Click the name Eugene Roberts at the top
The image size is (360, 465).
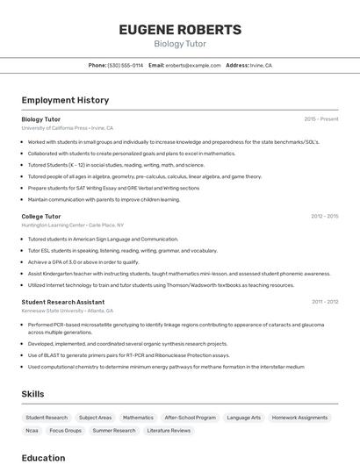pyautogui.click(x=180, y=29)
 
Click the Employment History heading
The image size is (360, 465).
pyautogui.click(x=65, y=100)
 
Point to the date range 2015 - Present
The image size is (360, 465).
pyautogui.click(x=321, y=118)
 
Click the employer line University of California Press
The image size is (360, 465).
pyautogui.click(x=68, y=127)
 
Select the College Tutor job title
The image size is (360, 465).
pyautogui.click(x=41, y=216)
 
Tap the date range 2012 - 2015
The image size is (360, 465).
pyautogui.click(x=324, y=216)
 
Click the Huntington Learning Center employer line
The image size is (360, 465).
pyautogui.click(x=72, y=225)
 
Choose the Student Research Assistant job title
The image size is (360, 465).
pyautogui.click(x=63, y=302)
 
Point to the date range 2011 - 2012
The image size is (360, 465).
pyautogui.click(x=325, y=302)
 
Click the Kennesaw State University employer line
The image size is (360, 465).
pyautogui.click(x=68, y=311)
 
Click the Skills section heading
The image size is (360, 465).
pyautogui.click(x=32, y=394)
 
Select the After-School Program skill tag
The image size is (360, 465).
pyautogui.click(x=190, y=418)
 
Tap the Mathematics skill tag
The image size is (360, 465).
pyautogui.click(x=138, y=418)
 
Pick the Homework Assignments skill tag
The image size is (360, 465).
pyautogui.click(x=299, y=418)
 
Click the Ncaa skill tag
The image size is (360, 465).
pyautogui.click(x=32, y=431)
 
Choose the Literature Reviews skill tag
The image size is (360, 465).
pyautogui.click(x=169, y=431)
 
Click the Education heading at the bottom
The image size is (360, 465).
pyautogui.click(x=43, y=457)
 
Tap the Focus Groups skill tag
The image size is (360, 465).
pyautogui.click(x=66, y=431)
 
